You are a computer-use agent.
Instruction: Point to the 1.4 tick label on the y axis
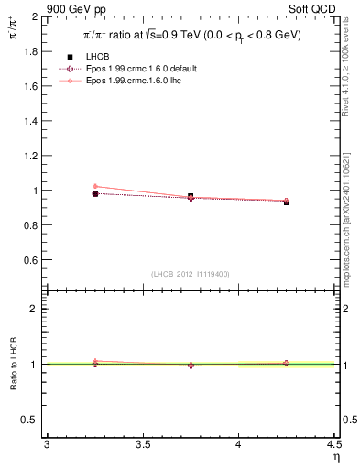tap(30, 122)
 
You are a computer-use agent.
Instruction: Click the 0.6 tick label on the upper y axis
tap(30, 260)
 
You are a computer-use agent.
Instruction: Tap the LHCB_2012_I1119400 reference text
tap(191, 274)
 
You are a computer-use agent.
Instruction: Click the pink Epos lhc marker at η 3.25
tap(95, 187)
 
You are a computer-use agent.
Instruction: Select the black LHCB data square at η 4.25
tap(287, 202)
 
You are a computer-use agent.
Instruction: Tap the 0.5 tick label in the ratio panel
tap(30, 420)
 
